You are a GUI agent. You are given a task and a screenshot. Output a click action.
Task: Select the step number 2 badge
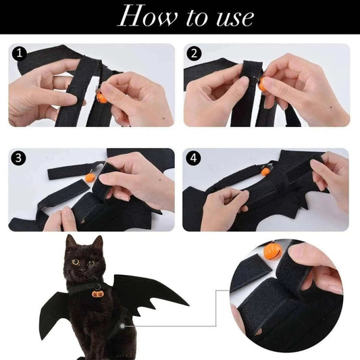[x=195, y=53]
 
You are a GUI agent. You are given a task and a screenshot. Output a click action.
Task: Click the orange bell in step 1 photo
[x=102, y=97]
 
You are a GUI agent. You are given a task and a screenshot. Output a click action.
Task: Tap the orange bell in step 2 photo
[x=262, y=85]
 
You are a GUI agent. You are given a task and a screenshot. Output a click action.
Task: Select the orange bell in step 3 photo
[x=89, y=177]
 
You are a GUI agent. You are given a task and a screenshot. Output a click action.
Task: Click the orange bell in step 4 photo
[x=265, y=171]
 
